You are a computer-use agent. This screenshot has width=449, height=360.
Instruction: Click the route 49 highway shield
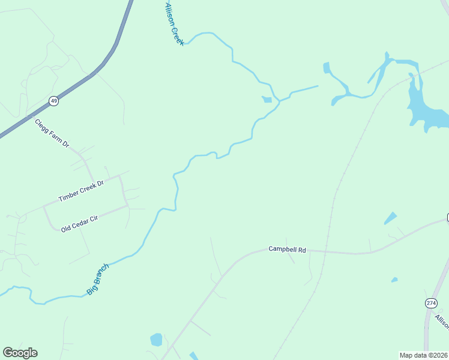click(x=54, y=101)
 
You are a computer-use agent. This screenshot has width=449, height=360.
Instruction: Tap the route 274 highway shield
click(x=431, y=303)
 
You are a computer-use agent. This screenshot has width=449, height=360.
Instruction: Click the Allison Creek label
click(x=174, y=24)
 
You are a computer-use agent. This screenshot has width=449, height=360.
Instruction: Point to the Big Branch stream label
click(x=98, y=278)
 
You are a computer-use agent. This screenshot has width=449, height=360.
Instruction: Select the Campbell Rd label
click(x=287, y=248)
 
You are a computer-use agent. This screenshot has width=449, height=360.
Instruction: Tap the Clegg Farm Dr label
click(x=52, y=133)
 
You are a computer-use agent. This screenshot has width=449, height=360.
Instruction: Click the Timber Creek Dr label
click(x=81, y=190)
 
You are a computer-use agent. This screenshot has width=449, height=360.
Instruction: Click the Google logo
click(x=20, y=353)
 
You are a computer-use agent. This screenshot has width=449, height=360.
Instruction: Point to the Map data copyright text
click(x=423, y=355)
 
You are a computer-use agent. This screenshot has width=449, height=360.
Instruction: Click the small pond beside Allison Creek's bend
click(x=267, y=100)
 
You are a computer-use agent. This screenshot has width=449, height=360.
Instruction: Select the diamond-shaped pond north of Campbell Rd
click(x=390, y=218)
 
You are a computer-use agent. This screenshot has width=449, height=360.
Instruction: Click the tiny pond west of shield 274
click(x=394, y=280)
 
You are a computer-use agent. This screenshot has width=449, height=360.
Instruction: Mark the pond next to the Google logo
click(x=156, y=340)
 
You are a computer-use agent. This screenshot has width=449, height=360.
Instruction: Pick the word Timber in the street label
click(x=69, y=194)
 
